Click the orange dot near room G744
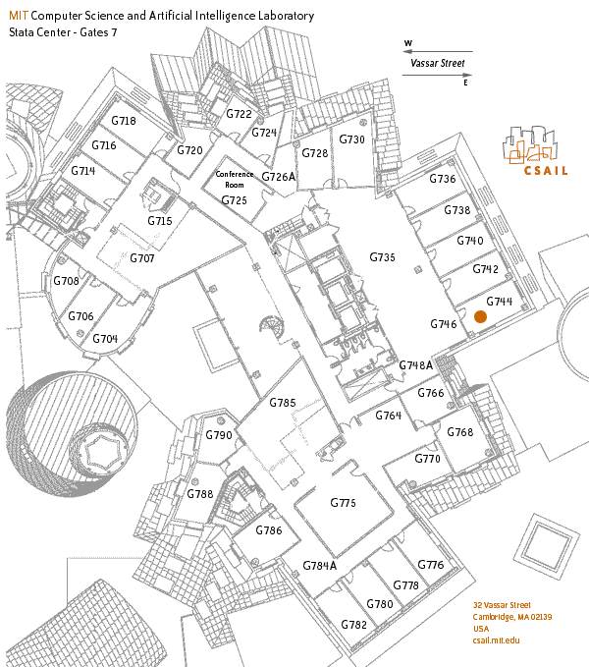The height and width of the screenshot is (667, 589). coord(480,316)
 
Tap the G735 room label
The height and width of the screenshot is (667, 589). coord(383,256)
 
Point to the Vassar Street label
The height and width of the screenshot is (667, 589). coord(437,64)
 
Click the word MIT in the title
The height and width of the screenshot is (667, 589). coord(18,17)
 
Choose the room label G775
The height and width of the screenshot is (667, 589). coord(343,502)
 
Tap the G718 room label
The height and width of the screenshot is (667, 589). coord(123,121)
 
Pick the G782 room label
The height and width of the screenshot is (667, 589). coord(354,625)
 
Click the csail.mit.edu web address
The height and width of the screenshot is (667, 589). coord(496,640)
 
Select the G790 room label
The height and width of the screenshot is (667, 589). coord(219,435)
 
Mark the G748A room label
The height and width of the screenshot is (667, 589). coord(415,365)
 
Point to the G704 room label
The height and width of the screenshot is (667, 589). coord(105,339)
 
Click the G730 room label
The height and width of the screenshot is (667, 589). coord(352,139)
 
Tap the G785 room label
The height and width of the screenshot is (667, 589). coord(283,403)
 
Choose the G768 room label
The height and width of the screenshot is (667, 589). coord(459,432)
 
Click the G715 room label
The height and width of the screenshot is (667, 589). coord(160,221)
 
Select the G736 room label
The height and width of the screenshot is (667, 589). coord(443,179)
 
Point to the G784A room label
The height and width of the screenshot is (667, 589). coord(319,565)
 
